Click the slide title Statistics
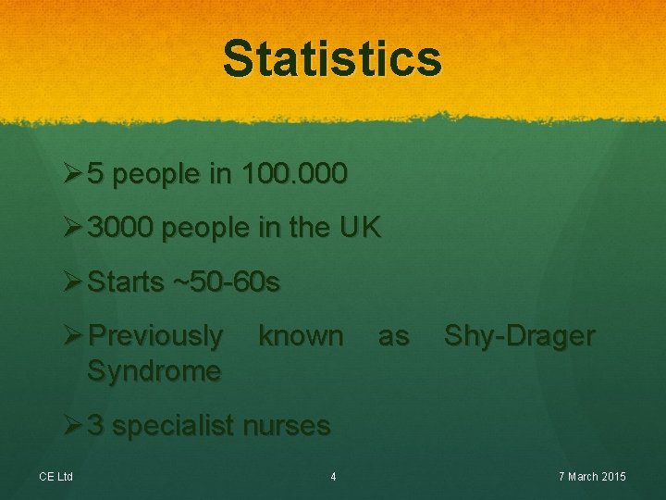[x=332, y=58]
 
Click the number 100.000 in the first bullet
[x=293, y=174]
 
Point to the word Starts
[x=125, y=282]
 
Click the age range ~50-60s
[x=227, y=282]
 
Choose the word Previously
[x=154, y=336]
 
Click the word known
[x=301, y=335]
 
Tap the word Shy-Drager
[x=519, y=336]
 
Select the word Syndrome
[x=154, y=371]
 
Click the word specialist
[x=173, y=426]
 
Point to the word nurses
[x=286, y=426]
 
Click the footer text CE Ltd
[x=55, y=477]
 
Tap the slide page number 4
[x=333, y=477]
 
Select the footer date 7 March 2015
[x=592, y=477]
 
